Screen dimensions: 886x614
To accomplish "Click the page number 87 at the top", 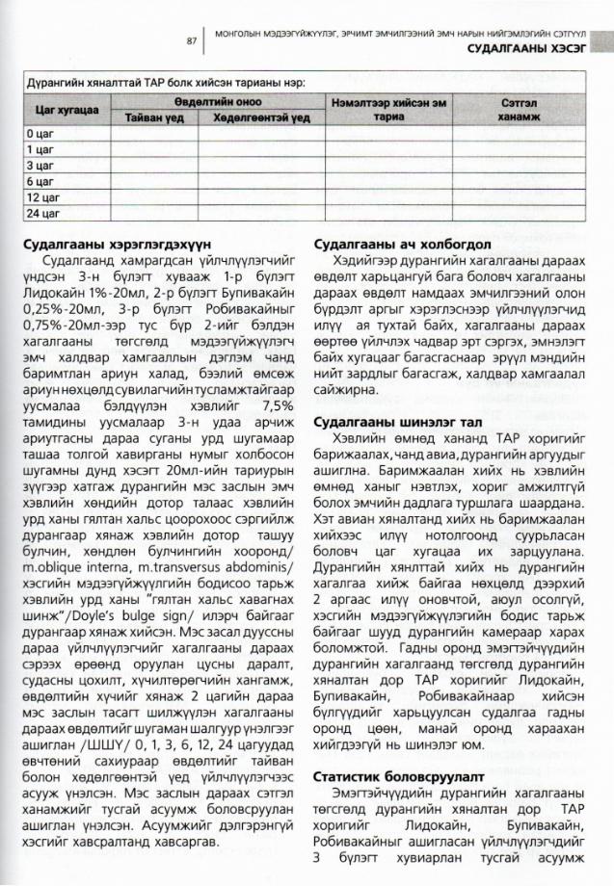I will (x=192, y=41).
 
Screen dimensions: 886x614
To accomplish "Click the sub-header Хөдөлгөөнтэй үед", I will (x=254, y=117).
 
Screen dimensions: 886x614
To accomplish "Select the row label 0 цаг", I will (x=40, y=134).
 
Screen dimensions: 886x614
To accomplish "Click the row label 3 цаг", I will (x=40, y=166).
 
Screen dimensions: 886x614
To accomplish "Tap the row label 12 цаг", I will (x=42, y=197).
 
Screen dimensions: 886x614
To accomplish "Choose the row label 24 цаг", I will (x=42, y=213).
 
